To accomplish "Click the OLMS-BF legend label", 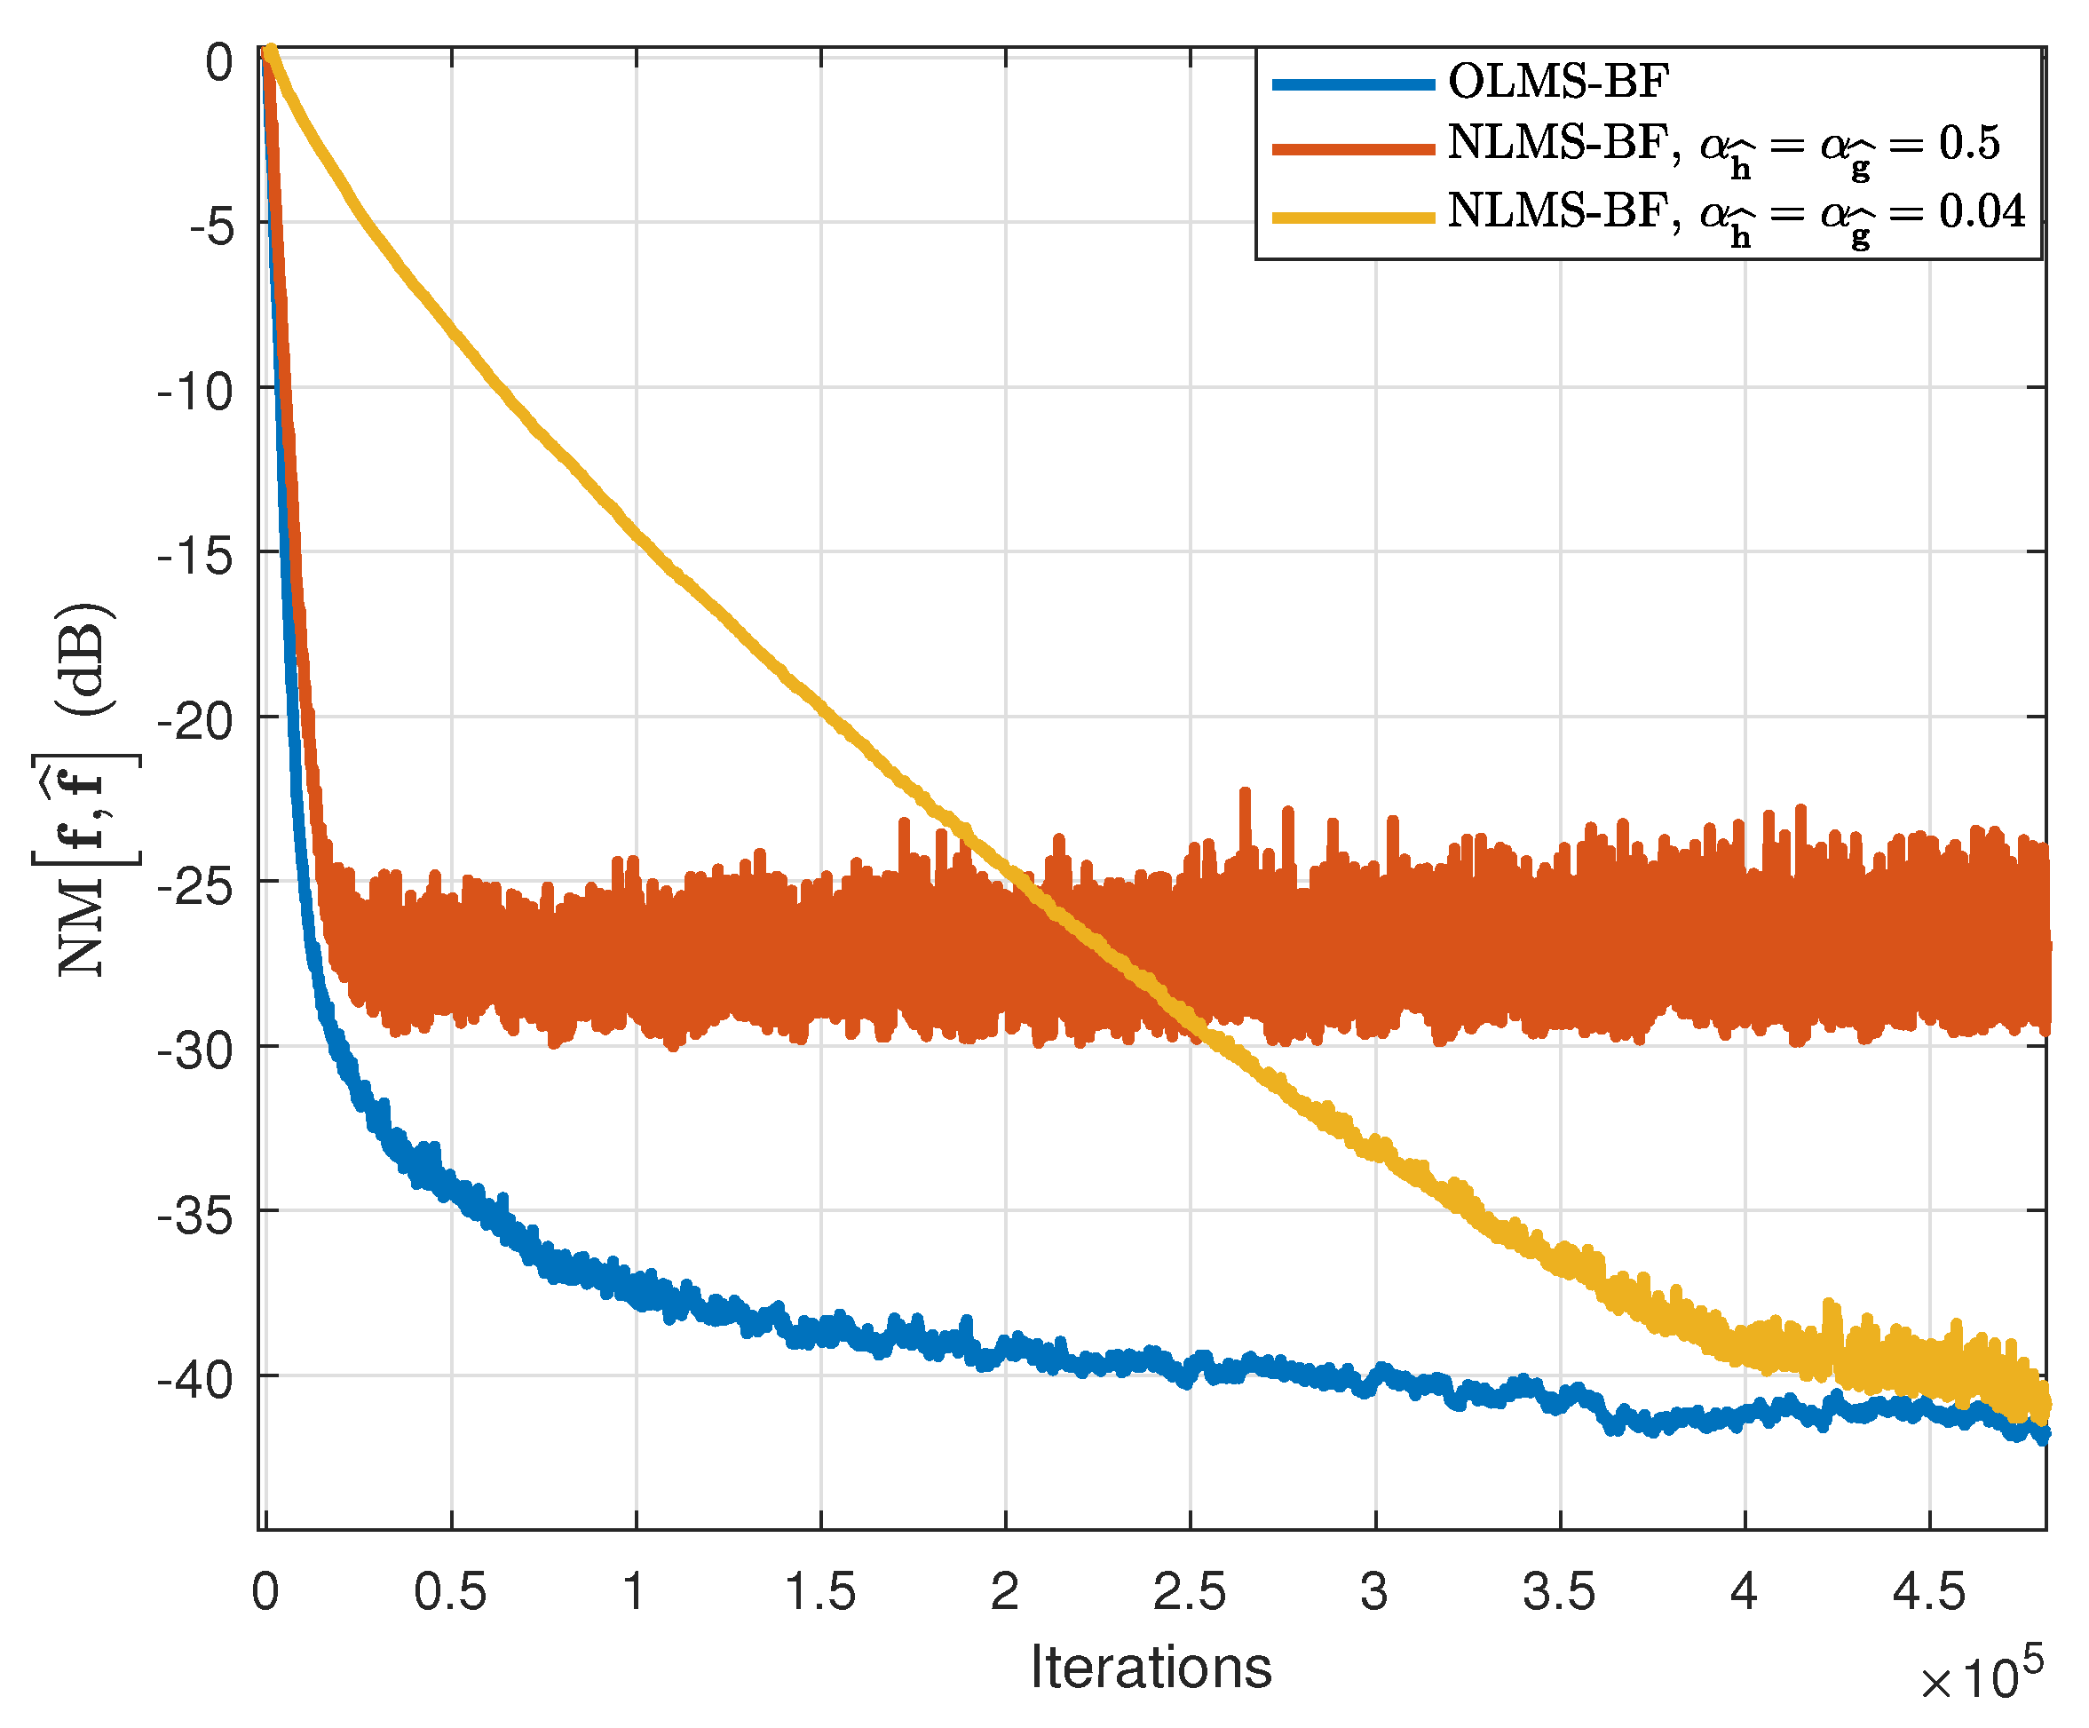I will point(1558,82).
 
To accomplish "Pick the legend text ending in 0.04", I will point(1736,215).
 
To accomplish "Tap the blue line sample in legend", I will point(1354,84).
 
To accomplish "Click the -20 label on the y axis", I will point(196,721).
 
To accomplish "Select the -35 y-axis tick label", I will point(196,1215).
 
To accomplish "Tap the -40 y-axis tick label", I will point(196,1380).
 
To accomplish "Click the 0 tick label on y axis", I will point(220,63).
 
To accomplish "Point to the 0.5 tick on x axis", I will point(451,1593).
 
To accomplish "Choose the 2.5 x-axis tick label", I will point(1190,1593).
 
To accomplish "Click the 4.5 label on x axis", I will point(1929,1593).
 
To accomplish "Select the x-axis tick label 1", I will point(635,1593).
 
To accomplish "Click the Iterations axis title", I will point(1151,1668).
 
